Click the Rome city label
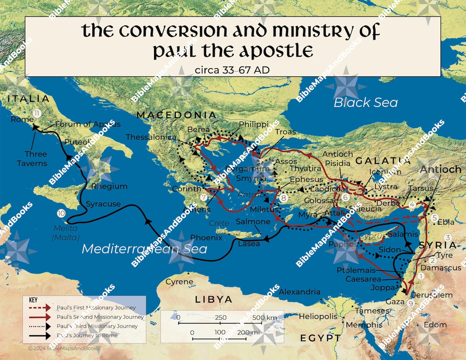point(19,120)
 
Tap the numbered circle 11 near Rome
point(37,114)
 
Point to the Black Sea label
point(365,102)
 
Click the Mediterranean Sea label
point(144,249)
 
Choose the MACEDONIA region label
point(176,115)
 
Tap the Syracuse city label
point(103,204)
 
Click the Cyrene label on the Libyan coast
point(179,282)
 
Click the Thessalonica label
point(151,137)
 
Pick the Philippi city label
point(254,124)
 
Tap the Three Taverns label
point(35,158)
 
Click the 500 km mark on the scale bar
point(265,318)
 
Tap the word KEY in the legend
point(33,300)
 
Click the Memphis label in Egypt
point(364,325)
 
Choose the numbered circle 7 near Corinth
point(204,198)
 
